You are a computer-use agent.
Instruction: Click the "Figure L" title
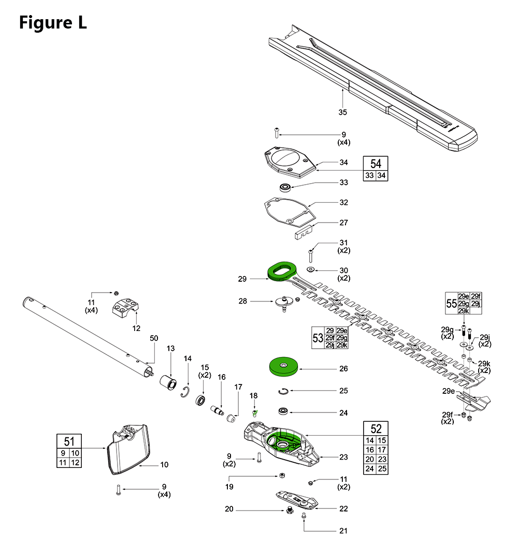pos(53,22)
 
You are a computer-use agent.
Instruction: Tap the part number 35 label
pos(342,112)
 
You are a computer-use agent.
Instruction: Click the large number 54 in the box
pos(376,164)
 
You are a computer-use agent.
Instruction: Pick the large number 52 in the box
pos(376,429)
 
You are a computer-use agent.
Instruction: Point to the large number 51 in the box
pos(69,441)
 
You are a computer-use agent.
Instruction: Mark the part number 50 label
pos(153,338)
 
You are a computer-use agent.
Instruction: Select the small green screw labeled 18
pos(255,413)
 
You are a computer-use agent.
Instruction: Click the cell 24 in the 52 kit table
pos(370,468)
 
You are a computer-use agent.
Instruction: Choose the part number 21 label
pos(343,531)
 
